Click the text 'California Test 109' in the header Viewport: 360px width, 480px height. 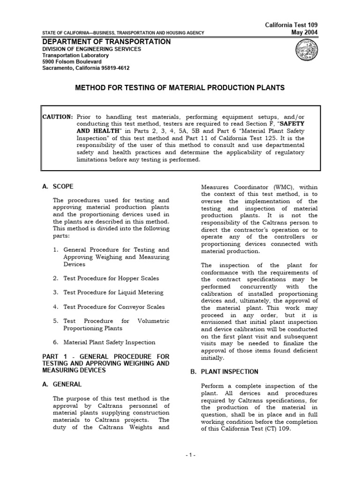pyautogui.click(x=294, y=25)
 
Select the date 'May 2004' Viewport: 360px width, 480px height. pyautogui.click(x=307, y=32)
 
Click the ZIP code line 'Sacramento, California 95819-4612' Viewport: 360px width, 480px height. pyautogui.click(x=86, y=68)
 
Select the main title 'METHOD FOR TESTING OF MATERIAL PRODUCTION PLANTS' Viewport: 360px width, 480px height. pyautogui.click(x=180, y=88)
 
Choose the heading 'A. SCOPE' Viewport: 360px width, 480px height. pyautogui.click(x=58, y=187)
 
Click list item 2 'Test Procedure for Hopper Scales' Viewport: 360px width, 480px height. pyautogui.click(x=111, y=278)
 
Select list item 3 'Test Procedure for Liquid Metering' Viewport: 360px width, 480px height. pyautogui.click(x=113, y=292)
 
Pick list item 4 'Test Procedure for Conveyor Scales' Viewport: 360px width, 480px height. pyautogui.click(x=114, y=307)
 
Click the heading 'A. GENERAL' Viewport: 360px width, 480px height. pyautogui.click(x=61, y=384)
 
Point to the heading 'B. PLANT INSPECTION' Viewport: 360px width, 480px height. pyautogui.click(x=223, y=372)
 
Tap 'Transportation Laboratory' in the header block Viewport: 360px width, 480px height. pyautogui.click(x=75, y=55)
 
